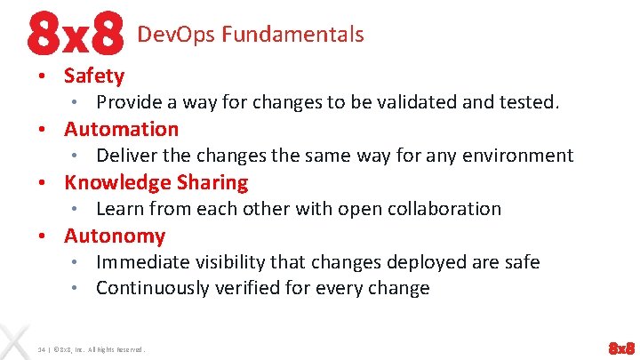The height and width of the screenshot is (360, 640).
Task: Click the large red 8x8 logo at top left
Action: click(x=75, y=35)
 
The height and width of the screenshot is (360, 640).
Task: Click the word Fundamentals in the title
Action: click(x=292, y=35)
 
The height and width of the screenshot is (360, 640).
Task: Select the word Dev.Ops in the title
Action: click(x=176, y=35)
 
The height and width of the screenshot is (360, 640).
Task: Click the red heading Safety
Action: click(x=94, y=76)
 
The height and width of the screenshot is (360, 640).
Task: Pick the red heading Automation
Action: click(x=121, y=129)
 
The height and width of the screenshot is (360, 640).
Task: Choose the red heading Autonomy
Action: click(x=115, y=236)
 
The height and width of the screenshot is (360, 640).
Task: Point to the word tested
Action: click(x=531, y=102)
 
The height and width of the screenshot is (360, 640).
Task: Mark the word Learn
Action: click(x=117, y=209)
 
